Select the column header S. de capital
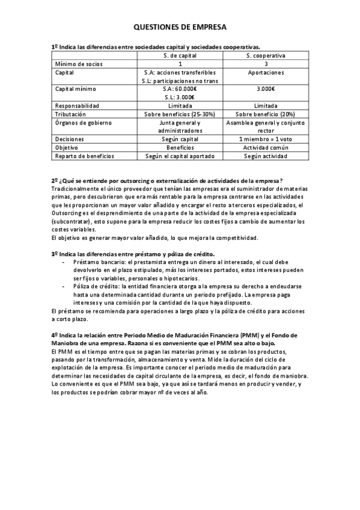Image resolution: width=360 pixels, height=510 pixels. pyautogui.click(x=180, y=55)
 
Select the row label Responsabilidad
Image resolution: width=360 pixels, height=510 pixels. pyautogui.click(x=75, y=105)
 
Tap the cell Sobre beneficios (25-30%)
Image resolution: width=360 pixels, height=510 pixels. pyautogui.click(x=180, y=114)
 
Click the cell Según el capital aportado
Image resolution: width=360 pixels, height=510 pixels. pyautogui.click(x=180, y=156)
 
